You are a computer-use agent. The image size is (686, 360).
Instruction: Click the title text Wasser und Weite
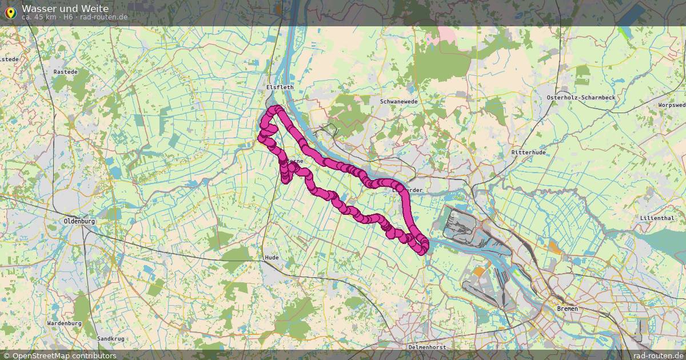pyautogui.click(x=65, y=9)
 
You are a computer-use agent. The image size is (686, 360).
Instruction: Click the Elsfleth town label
pyautogui.click(x=280, y=87)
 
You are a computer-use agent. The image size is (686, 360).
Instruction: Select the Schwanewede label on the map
pyautogui.click(x=398, y=101)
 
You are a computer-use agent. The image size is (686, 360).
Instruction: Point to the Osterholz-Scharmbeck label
pyautogui.click(x=581, y=98)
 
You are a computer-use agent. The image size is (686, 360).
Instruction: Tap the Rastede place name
pyautogui.click(x=65, y=72)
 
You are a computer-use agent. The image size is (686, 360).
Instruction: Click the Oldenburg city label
pyautogui.click(x=79, y=221)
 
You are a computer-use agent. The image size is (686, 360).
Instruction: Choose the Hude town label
pyautogui.click(x=272, y=258)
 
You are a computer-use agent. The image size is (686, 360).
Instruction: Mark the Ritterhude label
pyautogui.click(x=529, y=153)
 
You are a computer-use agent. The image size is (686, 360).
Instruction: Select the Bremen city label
pyautogui.click(x=567, y=309)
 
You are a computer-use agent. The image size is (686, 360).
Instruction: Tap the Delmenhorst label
pyautogui.click(x=426, y=347)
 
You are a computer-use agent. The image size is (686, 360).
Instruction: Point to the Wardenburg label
pyautogui.click(x=64, y=323)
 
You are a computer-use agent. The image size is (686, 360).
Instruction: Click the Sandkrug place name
pyautogui.click(x=110, y=339)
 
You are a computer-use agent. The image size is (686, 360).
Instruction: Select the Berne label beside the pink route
pyautogui.click(x=295, y=162)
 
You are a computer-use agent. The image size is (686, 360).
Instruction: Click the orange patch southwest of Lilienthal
pyautogui.click(x=555, y=247)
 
